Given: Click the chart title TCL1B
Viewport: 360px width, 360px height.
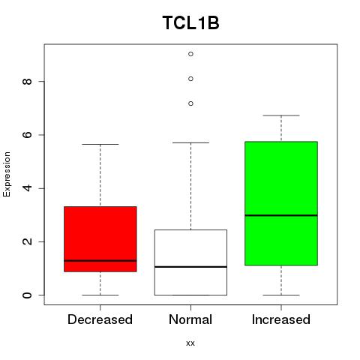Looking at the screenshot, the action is pos(190,22).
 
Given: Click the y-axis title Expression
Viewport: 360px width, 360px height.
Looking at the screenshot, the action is pos(7,174).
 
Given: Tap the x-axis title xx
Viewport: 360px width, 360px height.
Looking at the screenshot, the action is pos(190,343).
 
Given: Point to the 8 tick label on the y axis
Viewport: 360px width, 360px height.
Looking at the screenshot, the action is pos(27,82).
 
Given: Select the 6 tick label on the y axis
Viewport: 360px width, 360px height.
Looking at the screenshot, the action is pos(27,135).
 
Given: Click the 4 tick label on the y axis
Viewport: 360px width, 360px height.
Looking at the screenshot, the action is pos(27,188).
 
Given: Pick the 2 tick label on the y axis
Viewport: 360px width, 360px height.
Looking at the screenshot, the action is pos(27,241).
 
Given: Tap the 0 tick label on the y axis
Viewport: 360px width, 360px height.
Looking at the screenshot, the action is pos(27,295).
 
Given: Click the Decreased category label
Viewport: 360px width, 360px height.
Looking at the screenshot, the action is pos(100,319).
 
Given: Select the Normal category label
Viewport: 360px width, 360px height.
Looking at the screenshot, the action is pos(190,319).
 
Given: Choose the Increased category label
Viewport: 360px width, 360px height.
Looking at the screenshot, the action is pos(281,319).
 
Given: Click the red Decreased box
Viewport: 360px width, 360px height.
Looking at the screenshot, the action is pos(100,239).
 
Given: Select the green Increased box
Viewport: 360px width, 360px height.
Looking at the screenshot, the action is pos(281,203).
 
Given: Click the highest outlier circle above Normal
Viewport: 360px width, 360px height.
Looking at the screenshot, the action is pos(190,54).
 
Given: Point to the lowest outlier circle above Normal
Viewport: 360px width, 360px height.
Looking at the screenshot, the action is pos(190,103).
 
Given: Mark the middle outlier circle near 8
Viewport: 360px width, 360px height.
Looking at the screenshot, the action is pos(190,79).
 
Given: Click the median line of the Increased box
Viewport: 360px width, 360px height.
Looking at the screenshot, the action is pos(281,215).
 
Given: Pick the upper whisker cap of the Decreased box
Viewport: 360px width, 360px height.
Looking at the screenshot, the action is pos(100,144).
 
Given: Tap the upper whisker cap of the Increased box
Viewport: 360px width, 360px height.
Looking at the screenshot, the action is pos(281,115).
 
